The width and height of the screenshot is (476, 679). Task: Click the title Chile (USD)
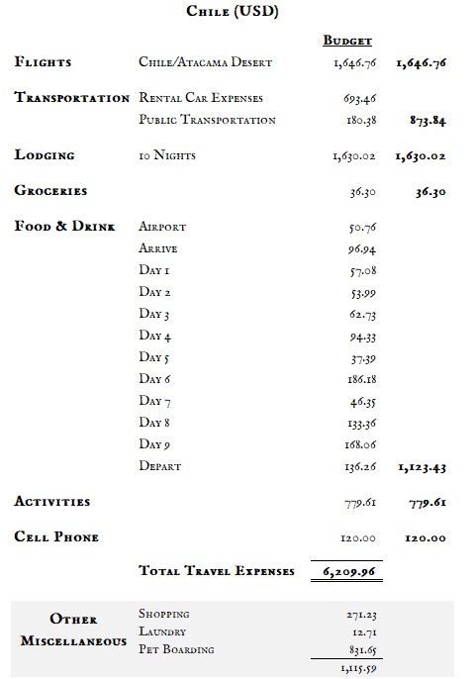point(232,12)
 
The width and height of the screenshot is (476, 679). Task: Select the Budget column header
point(347,41)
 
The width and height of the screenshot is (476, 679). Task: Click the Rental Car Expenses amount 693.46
point(357,100)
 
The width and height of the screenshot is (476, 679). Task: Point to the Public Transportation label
point(207,120)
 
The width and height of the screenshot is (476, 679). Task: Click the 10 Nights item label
point(168,155)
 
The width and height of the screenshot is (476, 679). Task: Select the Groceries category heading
point(51,190)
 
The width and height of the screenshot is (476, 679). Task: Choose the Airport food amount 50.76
point(359,228)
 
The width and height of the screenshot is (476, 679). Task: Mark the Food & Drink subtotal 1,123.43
point(421,466)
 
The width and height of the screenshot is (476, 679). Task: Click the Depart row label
point(160,466)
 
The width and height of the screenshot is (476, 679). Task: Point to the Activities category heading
point(52,502)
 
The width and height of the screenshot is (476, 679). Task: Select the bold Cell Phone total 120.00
point(426,538)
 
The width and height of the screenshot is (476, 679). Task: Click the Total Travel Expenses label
point(217,571)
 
